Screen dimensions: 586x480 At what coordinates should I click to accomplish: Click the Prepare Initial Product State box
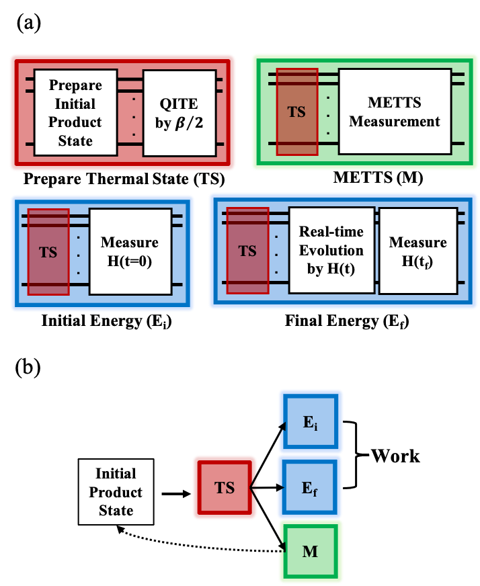click(x=75, y=112)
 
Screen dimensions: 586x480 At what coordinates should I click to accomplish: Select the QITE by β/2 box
click(x=179, y=112)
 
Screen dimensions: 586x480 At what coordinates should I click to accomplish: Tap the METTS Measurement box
click(x=395, y=112)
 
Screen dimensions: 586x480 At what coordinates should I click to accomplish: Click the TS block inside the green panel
click(x=296, y=112)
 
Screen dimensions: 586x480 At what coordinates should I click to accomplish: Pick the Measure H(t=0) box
click(x=130, y=251)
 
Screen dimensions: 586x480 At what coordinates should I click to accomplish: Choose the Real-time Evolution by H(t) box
click(x=331, y=250)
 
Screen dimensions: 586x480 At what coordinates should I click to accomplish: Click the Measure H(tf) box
click(x=417, y=251)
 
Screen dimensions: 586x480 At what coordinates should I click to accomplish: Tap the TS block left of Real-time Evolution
click(x=247, y=251)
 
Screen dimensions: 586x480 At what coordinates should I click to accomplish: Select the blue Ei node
click(x=311, y=422)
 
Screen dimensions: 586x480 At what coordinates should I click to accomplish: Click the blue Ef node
click(x=311, y=488)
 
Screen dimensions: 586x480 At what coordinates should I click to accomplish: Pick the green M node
click(x=311, y=552)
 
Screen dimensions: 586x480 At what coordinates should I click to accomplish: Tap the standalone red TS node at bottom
click(x=225, y=488)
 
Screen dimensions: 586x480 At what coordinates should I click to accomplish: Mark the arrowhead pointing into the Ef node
click(x=280, y=488)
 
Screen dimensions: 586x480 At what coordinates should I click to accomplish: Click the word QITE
click(x=179, y=103)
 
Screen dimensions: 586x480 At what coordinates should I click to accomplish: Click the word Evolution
click(x=331, y=250)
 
